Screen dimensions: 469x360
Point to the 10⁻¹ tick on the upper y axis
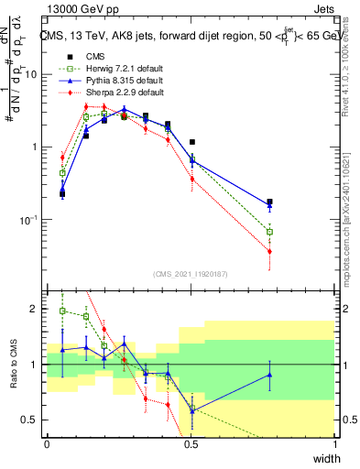(x=31, y=220)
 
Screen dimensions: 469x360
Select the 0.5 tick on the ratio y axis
(x=33, y=420)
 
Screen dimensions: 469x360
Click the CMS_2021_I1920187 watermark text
(x=191, y=273)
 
